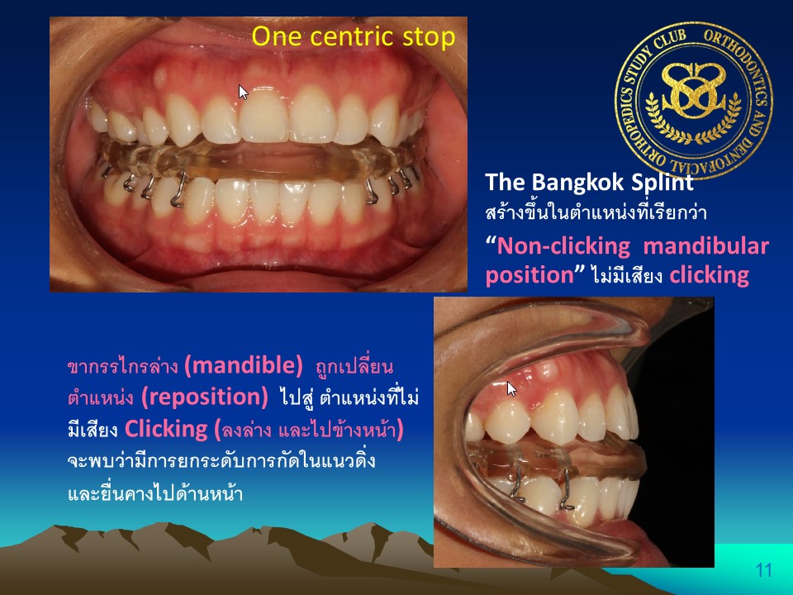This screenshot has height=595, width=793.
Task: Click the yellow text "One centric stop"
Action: [353, 36]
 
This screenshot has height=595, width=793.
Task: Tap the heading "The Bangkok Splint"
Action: [589, 182]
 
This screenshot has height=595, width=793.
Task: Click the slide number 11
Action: [763, 570]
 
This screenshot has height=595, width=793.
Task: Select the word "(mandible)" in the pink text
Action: [244, 365]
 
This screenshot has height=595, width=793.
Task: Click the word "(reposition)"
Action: [205, 397]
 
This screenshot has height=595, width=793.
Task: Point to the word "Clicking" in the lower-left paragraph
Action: [166, 429]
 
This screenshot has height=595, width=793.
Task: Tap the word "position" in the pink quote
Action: [529, 276]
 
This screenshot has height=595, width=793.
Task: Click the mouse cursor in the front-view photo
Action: [243, 92]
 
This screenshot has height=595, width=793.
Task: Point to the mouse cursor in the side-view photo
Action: [512, 388]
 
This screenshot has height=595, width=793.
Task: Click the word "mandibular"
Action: [706, 246]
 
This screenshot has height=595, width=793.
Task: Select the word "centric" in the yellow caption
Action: [353, 36]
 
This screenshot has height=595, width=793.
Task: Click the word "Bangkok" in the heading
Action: [577, 182]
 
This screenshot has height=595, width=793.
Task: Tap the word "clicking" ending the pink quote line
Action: [709, 275]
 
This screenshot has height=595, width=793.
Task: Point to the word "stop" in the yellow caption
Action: [429, 37]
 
